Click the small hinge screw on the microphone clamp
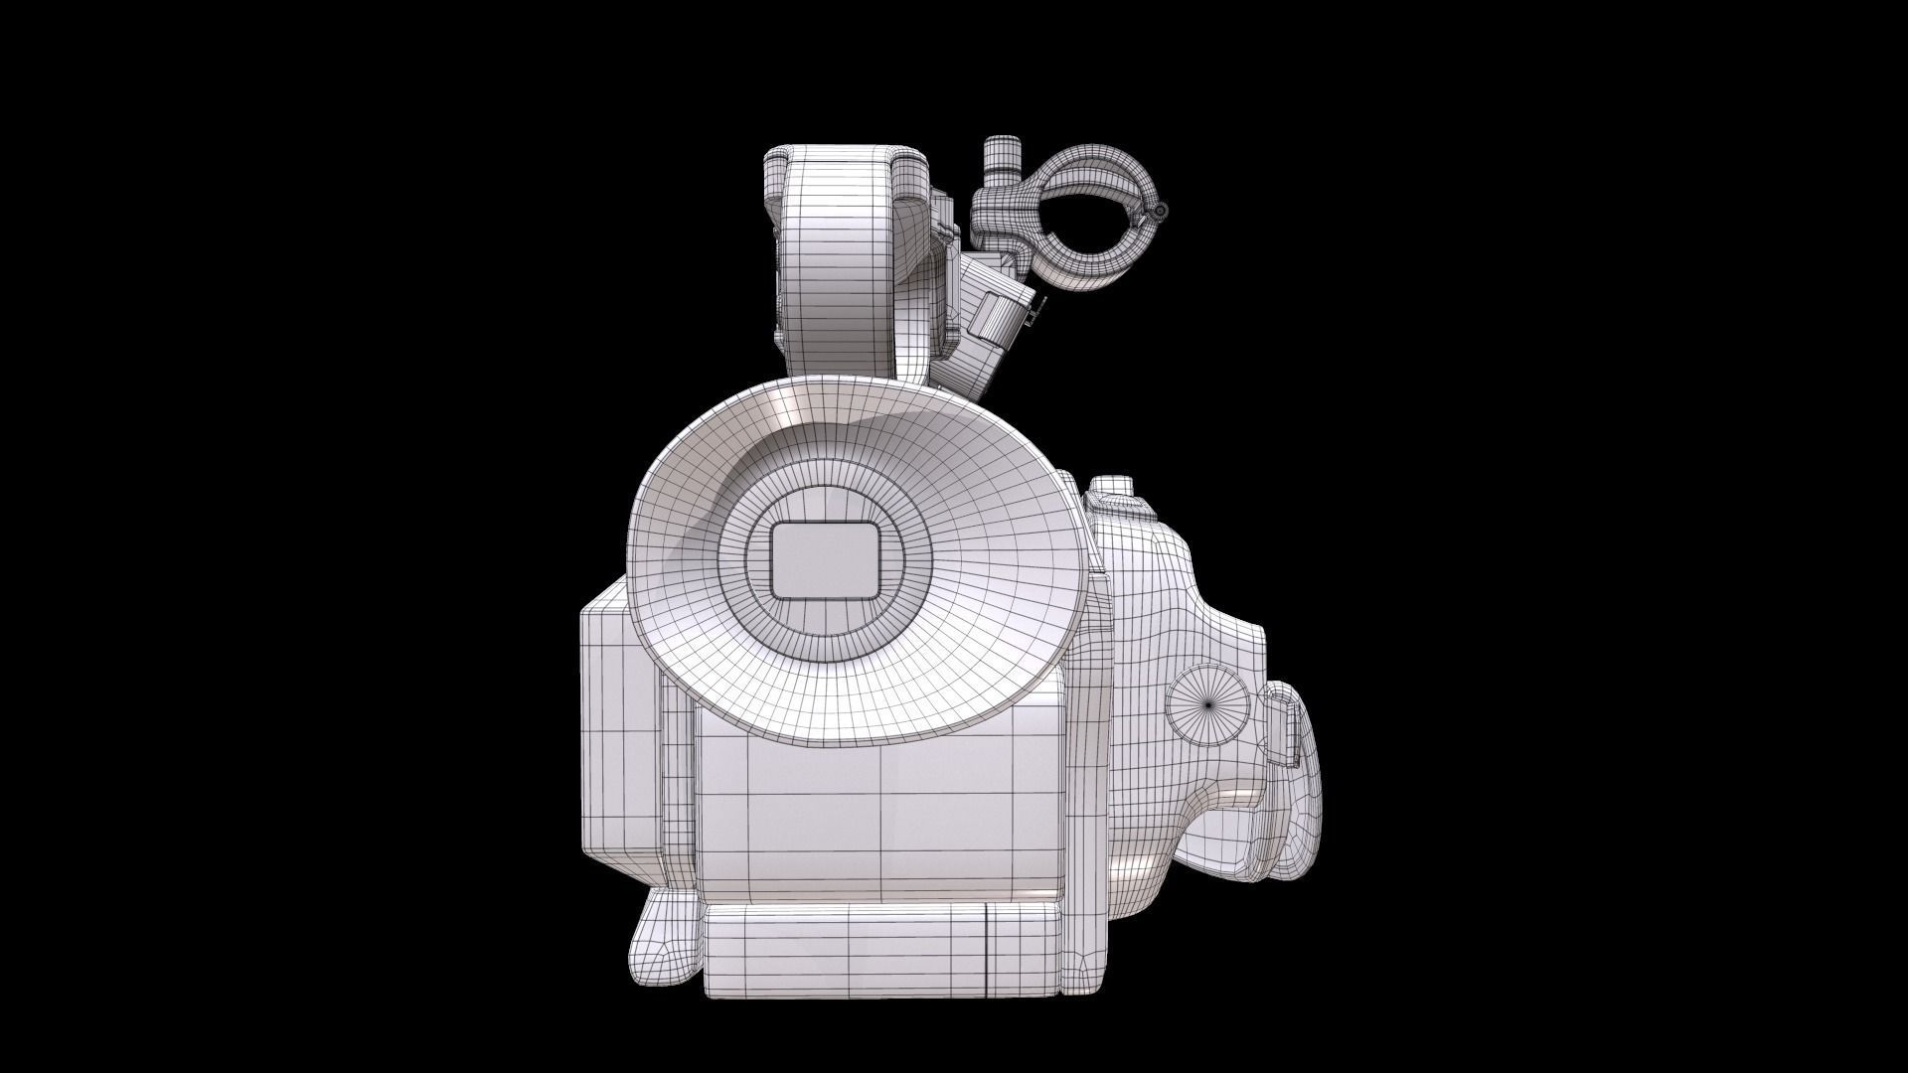click(x=1161, y=210)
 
